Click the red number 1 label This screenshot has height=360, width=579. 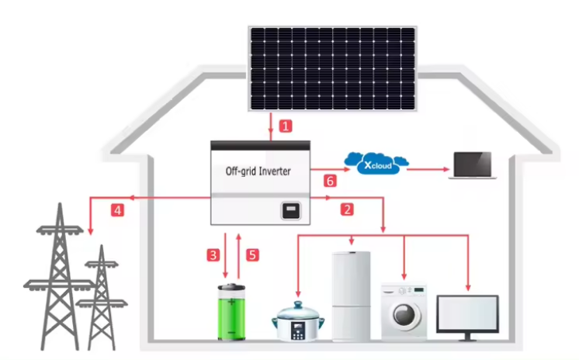click(286, 126)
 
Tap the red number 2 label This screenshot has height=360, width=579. click(347, 209)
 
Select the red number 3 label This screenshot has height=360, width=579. click(213, 254)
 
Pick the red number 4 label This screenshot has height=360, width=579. click(117, 210)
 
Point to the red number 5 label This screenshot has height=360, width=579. click(252, 254)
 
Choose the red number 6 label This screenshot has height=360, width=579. click(330, 181)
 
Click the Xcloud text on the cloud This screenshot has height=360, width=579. click(377, 165)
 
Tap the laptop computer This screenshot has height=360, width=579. click(473, 165)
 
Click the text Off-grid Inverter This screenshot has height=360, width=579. click(258, 171)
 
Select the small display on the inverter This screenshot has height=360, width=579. click(291, 211)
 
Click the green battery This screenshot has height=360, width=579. click(231, 312)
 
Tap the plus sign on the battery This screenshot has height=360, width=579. click(231, 302)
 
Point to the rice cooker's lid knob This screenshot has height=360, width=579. click(297, 305)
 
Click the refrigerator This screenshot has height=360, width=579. click(351, 296)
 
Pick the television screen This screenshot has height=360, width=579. click(467, 313)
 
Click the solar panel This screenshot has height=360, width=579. click(332, 69)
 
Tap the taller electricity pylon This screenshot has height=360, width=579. click(60, 276)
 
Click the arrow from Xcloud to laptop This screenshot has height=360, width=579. click(428, 169)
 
